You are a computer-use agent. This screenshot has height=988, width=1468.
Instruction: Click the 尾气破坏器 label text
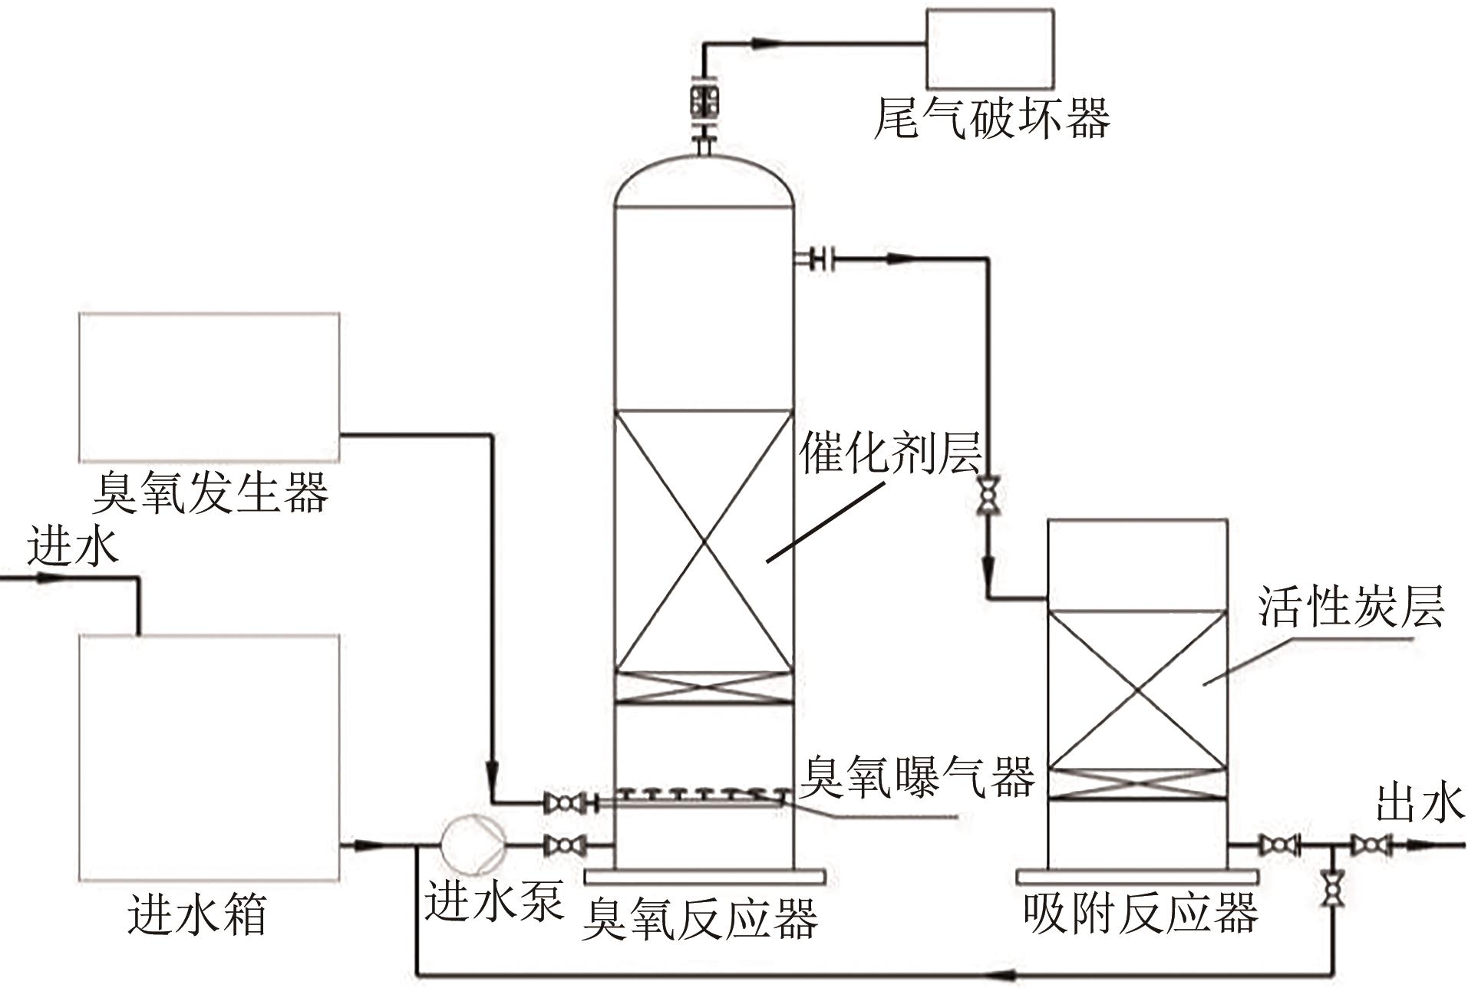tap(991, 120)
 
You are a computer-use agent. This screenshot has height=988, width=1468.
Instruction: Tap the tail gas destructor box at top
tap(990, 48)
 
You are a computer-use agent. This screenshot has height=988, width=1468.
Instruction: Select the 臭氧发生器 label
tap(210, 492)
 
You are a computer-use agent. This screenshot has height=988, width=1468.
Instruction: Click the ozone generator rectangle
tap(209, 387)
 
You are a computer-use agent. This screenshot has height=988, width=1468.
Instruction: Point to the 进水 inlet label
tap(73, 548)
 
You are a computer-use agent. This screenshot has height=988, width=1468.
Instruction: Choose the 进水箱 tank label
tap(197, 914)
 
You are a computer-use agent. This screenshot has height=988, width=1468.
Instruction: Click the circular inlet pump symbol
tap(473, 845)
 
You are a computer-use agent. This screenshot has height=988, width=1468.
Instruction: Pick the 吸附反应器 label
tap(1140, 913)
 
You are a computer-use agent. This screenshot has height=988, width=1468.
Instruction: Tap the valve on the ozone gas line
tap(565, 803)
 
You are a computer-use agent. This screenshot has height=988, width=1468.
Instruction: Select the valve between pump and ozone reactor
tap(565, 846)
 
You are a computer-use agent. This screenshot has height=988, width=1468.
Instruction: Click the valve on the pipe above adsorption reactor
tap(988, 496)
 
